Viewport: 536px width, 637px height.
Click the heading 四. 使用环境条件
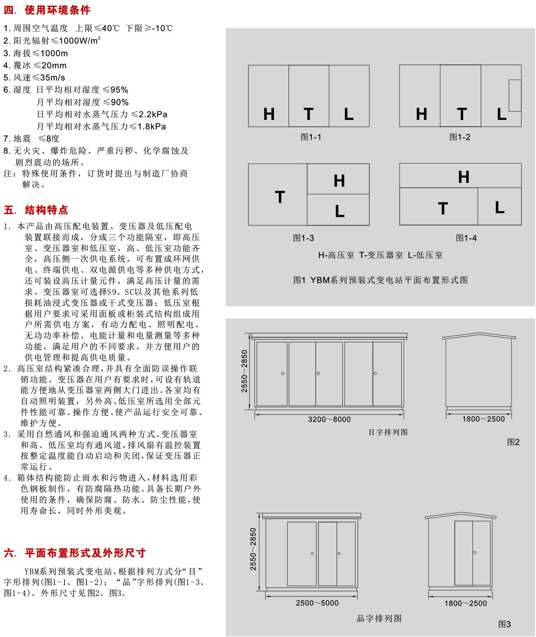pos(47,10)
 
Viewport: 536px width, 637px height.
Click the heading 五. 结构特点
pos(36,210)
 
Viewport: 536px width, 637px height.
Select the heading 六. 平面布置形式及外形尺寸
pos(75,553)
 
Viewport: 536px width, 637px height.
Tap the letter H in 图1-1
pos(269,114)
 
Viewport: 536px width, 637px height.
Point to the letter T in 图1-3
pos(280,197)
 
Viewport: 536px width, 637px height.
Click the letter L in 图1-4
pos(500,208)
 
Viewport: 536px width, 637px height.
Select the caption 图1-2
pos(460,137)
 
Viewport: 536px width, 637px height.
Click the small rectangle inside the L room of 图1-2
pos(515,95)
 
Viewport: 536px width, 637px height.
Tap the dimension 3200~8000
pos(329,419)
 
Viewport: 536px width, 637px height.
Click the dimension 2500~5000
pos(317,603)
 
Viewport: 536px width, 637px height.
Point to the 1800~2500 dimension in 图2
pos(483,419)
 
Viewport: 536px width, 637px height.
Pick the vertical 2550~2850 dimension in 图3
pos(253,549)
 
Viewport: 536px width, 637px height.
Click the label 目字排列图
pos(388,432)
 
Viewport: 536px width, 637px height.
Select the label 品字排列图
pos(379,618)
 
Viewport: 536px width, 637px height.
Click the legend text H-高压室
pos(336,255)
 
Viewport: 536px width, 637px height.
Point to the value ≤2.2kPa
pos(149,114)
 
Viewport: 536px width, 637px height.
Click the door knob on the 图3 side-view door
pos(475,552)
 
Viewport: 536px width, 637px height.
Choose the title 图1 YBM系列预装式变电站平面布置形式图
pos(380,280)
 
